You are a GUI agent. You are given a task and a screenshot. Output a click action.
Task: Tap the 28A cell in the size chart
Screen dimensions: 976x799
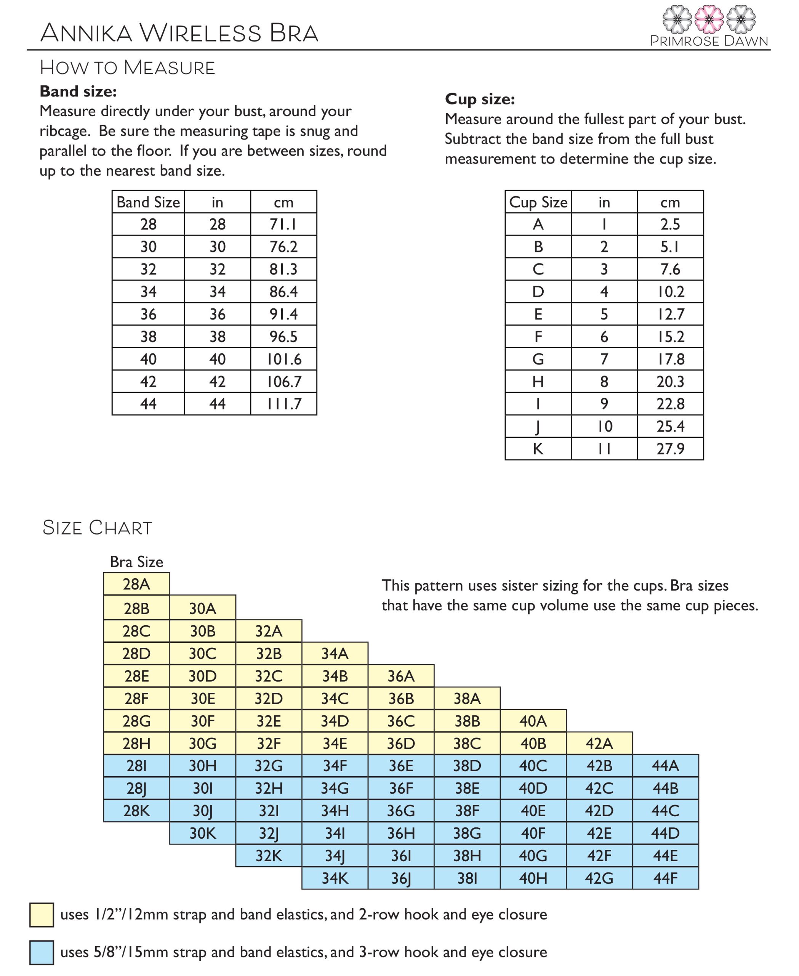(136, 584)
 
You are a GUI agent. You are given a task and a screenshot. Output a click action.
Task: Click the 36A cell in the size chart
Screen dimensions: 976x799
(401, 676)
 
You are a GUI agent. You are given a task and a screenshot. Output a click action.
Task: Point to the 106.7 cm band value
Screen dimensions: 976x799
(283, 381)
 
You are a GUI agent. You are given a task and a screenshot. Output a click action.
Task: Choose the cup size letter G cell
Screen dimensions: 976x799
(538, 359)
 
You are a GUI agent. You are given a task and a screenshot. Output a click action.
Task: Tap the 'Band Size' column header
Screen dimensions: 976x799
(148, 202)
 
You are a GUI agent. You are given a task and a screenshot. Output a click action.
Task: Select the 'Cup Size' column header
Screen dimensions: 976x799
(538, 202)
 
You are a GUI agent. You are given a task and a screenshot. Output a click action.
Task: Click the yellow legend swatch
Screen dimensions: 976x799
(42, 914)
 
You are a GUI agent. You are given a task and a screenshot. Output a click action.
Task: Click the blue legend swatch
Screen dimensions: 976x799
(42, 952)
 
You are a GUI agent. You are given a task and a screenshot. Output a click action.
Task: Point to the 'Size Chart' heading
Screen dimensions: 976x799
(97, 527)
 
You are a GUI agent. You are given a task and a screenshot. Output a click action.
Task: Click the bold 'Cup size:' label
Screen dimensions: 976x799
(480, 99)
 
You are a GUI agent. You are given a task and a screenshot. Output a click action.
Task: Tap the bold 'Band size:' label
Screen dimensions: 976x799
(78, 91)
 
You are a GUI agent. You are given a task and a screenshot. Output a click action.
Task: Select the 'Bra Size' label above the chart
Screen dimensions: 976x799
(136, 562)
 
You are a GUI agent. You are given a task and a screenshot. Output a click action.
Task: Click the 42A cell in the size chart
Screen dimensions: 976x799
(599, 743)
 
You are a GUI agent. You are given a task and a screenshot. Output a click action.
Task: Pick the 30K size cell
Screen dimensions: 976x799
(202, 833)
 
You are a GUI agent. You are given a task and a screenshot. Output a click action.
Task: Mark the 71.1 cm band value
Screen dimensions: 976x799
(283, 224)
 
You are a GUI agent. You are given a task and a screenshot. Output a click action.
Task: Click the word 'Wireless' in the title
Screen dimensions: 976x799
(200, 33)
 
